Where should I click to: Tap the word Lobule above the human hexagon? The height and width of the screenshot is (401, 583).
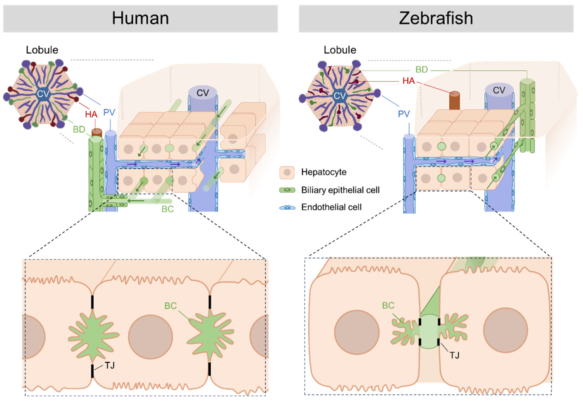pos(42,50)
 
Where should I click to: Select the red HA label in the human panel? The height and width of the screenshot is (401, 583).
pos(91,114)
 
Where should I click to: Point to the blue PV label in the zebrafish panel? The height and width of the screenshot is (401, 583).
pos(404,114)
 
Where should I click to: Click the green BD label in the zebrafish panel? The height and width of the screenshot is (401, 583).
pos(422,70)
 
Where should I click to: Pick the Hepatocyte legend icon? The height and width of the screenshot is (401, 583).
pos(287,172)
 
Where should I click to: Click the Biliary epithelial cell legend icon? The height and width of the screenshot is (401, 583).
pos(287,190)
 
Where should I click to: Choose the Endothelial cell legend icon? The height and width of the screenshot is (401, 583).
pos(287,207)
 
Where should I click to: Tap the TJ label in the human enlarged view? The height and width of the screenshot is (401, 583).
pos(110,365)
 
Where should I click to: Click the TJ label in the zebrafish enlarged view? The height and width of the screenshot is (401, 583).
pos(454,355)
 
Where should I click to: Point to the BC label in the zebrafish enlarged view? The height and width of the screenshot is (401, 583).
pos(388,306)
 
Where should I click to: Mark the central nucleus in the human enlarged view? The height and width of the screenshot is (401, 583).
pos(151,337)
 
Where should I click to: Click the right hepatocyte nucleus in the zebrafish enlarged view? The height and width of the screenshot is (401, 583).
pos(505,330)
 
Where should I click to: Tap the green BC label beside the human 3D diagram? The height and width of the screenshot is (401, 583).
pos(168,209)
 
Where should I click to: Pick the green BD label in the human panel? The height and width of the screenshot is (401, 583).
pos(79,129)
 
